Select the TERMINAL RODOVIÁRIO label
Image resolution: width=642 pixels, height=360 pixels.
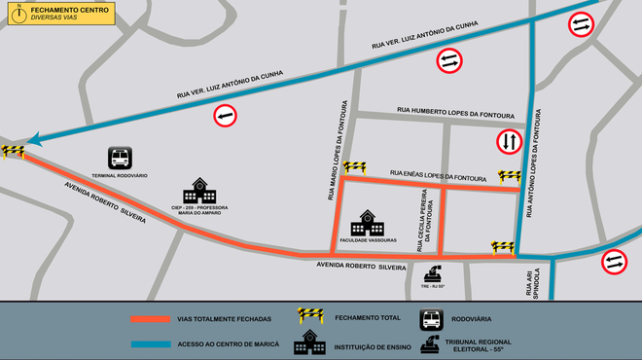[120, 175]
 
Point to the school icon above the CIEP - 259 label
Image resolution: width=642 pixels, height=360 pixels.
[199, 189]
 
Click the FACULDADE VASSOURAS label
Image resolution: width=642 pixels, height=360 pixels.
[369, 239]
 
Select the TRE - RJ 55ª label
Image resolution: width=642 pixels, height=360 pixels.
[433, 287]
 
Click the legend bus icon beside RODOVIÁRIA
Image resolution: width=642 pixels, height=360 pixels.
[432, 318]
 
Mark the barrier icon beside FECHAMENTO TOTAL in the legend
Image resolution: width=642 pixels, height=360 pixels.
[310, 316]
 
